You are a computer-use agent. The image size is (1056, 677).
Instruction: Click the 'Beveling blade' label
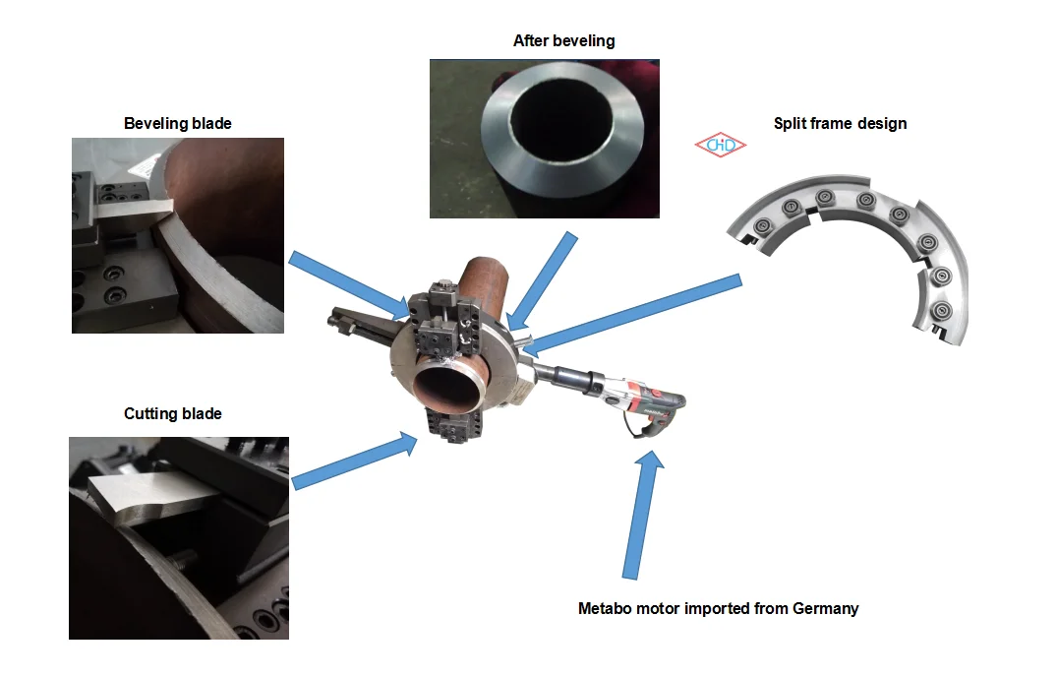click(178, 123)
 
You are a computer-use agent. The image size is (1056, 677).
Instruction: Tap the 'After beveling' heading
click(563, 41)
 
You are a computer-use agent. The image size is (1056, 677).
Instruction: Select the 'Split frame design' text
click(840, 123)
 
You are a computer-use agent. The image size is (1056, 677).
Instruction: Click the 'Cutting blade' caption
click(173, 414)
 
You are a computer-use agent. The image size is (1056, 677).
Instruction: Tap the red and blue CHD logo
click(720, 146)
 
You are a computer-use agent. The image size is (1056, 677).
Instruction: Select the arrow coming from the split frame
click(629, 314)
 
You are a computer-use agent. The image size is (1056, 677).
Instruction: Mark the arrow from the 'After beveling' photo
click(544, 279)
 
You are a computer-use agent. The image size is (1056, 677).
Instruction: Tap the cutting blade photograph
click(178, 537)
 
